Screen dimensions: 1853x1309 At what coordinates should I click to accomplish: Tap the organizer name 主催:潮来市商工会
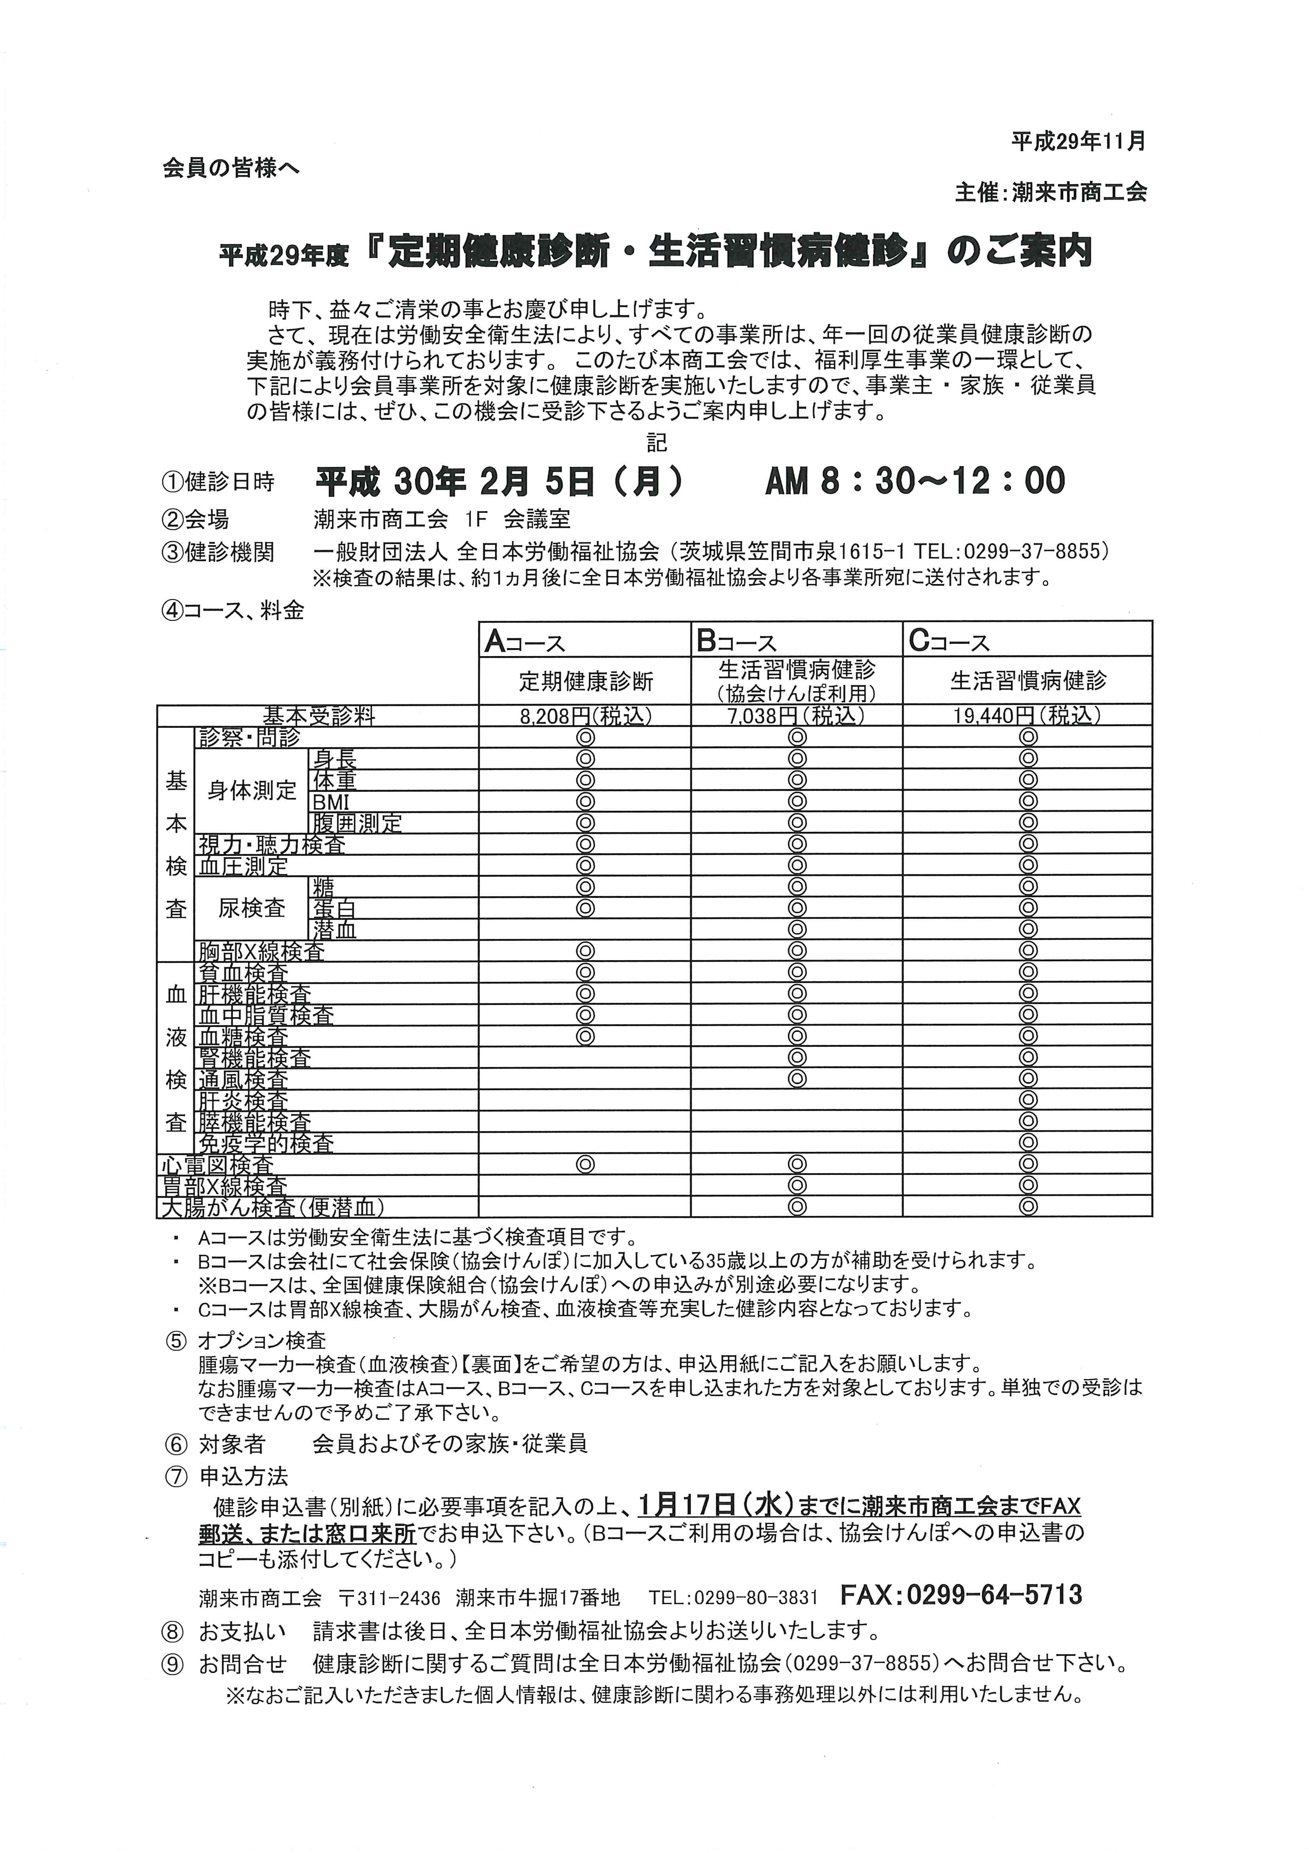(x=1051, y=192)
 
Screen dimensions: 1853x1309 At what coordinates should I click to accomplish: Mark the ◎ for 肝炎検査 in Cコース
(x=1027, y=1099)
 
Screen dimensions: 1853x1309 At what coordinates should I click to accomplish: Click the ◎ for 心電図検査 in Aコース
(x=586, y=1164)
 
